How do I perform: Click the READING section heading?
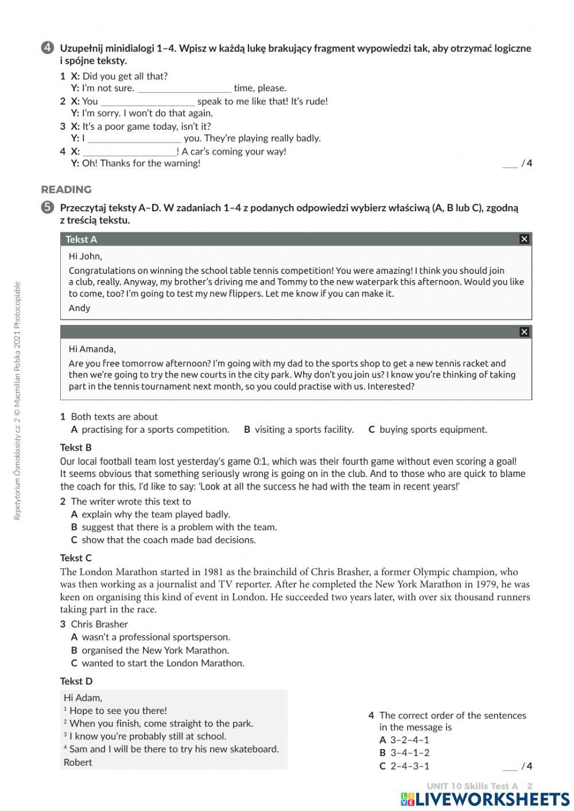(x=66, y=189)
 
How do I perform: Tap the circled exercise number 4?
(x=48, y=48)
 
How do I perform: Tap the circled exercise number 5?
(x=48, y=208)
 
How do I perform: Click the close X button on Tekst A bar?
(x=523, y=239)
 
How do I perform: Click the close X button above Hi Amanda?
(x=523, y=332)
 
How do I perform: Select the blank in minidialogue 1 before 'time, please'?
(x=184, y=88)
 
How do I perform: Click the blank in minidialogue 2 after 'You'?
(x=148, y=102)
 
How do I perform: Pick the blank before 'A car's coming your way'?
(x=130, y=152)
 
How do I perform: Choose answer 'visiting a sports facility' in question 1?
(x=304, y=429)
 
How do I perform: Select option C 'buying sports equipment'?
(x=432, y=429)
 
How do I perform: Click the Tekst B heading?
(x=76, y=448)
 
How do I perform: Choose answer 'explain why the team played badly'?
(x=155, y=514)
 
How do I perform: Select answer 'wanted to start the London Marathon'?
(x=162, y=663)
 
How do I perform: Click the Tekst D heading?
(x=76, y=681)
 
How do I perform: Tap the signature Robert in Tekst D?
(x=77, y=762)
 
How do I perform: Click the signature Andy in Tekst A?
(x=79, y=308)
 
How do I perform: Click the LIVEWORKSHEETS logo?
(x=485, y=800)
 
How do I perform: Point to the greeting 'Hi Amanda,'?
(x=92, y=349)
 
